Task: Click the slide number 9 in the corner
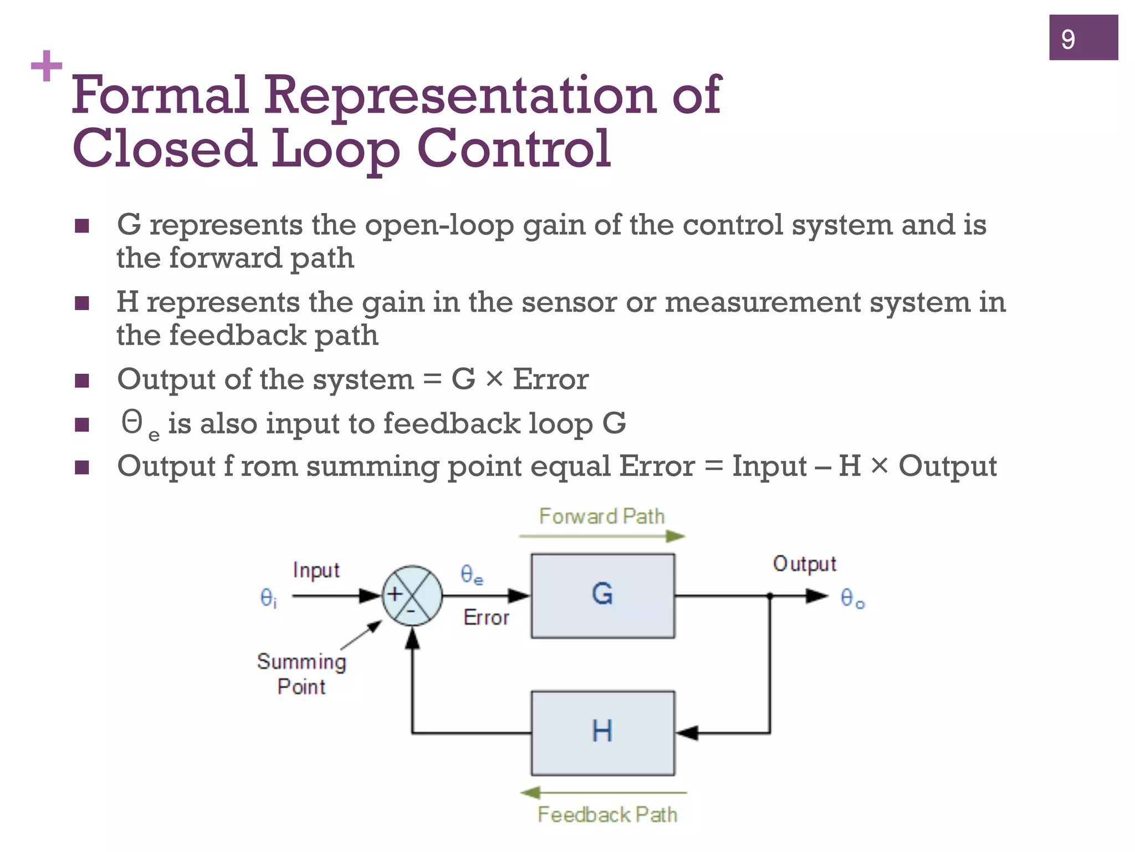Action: tap(1068, 39)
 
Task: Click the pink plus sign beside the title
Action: tap(47, 66)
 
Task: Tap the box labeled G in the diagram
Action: tap(602, 596)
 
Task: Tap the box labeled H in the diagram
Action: tap(602, 733)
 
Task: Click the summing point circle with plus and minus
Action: tap(412, 596)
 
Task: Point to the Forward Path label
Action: tap(601, 516)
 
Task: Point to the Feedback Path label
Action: tap(607, 814)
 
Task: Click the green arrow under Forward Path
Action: tap(602, 536)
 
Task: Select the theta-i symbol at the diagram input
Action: tap(268, 598)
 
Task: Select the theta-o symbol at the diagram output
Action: tap(852, 598)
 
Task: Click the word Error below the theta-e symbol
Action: tap(486, 617)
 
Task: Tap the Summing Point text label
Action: tap(301, 673)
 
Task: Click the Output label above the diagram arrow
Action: tap(804, 564)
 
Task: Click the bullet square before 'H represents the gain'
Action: tap(82, 303)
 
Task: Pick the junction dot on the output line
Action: tap(770, 596)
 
